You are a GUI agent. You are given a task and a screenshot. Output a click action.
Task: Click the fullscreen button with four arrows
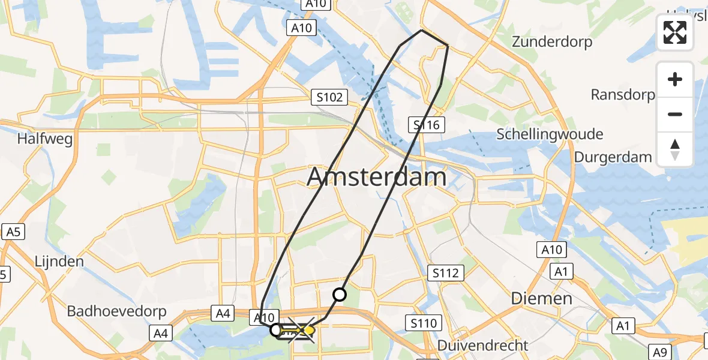click(675, 32)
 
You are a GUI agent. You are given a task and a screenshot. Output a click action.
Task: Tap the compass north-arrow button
click(675, 149)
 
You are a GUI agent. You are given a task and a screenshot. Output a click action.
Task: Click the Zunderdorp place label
click(551, 42)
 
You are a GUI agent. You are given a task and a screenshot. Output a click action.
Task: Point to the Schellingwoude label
click(549, 134)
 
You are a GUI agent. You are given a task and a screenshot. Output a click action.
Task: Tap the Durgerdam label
click(613, 157)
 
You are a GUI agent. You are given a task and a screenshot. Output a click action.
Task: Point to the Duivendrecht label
click(482, 346)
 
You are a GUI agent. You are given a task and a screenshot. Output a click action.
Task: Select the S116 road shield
click(427, 125)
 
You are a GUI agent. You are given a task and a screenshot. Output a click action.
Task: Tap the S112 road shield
click(445, 274)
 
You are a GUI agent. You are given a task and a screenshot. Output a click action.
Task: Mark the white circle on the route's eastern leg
click(340, 294)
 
